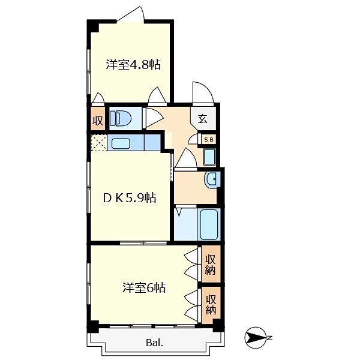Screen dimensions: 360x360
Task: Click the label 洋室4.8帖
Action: (x=133, y=64)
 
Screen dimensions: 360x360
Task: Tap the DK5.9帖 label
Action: (x=130, y=197)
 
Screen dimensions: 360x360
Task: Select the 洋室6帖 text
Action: (x=144, y=287)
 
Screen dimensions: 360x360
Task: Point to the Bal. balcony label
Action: (x=155, y=343)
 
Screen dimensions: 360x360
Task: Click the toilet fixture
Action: (x=120, y=118)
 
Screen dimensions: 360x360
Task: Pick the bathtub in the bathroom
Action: (x=209, y=224)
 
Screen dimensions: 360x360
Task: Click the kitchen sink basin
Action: (x=121, y=143)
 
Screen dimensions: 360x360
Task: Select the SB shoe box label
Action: (x=209, y=139)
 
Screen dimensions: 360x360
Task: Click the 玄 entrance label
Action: (x=203, y=118)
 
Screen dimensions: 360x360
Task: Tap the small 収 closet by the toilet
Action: (x=98, y=120)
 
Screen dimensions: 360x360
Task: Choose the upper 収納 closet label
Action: (x=210, y=265)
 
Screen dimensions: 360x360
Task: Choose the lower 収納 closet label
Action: (x=211, y=304)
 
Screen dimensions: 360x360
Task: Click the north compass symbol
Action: (x=254, y=338)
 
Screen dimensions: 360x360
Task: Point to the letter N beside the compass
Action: (x=269, y=338)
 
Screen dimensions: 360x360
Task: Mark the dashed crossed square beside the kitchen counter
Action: (x=99, y=143)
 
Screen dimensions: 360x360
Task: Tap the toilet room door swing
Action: (x=154, y=118)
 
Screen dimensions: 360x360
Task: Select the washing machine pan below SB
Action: (x=209, y=157)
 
